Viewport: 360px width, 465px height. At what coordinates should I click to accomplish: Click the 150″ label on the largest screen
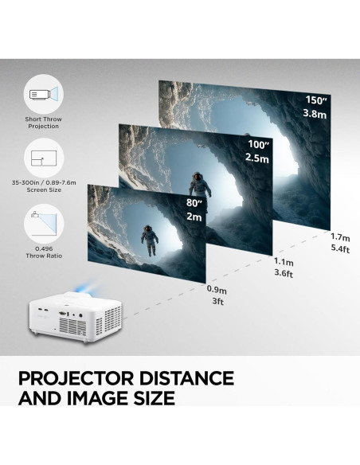click(x=315, y=100)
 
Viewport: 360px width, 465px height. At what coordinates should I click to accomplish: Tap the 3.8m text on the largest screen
click(x=315, y=113)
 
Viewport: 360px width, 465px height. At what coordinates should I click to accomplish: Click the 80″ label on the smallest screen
click(x=194, y=204)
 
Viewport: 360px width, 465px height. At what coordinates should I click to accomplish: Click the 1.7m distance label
click(x=341, y=236)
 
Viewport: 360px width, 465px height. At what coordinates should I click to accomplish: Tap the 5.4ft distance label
click(x=341, y=249)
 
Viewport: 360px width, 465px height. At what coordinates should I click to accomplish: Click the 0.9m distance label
click(x=216, y=291)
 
